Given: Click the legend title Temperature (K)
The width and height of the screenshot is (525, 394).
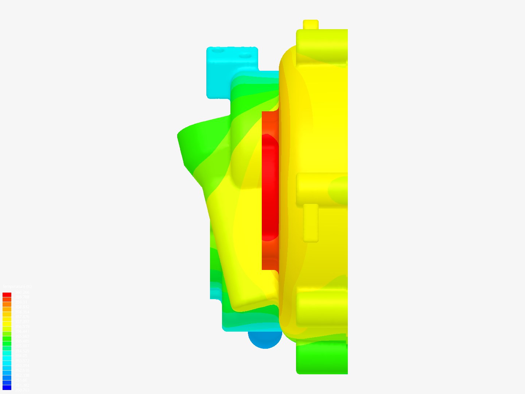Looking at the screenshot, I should point(17,287).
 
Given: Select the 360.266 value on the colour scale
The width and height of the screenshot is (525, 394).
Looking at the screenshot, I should point(22,292).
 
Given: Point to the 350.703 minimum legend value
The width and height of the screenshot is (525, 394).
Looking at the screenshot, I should point(22,390).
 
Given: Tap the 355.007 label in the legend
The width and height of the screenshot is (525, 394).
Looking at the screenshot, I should point(22,346).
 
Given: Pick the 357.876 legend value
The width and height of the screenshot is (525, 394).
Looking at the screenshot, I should point(22,317).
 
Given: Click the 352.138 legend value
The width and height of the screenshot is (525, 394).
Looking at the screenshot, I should point(22,375).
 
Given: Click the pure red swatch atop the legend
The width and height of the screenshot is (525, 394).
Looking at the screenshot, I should point(7,295).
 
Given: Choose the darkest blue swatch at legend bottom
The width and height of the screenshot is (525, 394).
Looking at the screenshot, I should point(7,387).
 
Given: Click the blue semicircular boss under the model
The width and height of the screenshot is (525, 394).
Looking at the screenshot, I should point(265,339).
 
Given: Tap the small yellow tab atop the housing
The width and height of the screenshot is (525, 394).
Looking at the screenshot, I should point(311,24).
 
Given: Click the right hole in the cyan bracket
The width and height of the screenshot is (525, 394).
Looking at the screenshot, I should point(245,57).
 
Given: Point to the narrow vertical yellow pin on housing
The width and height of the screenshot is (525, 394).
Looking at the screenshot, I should point(311,223).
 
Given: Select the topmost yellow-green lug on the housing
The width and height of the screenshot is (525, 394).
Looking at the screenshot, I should point(321,46).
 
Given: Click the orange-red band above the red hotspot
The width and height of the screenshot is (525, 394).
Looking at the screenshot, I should point(270,122).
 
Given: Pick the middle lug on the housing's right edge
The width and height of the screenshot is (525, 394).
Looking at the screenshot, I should point(321,189).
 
